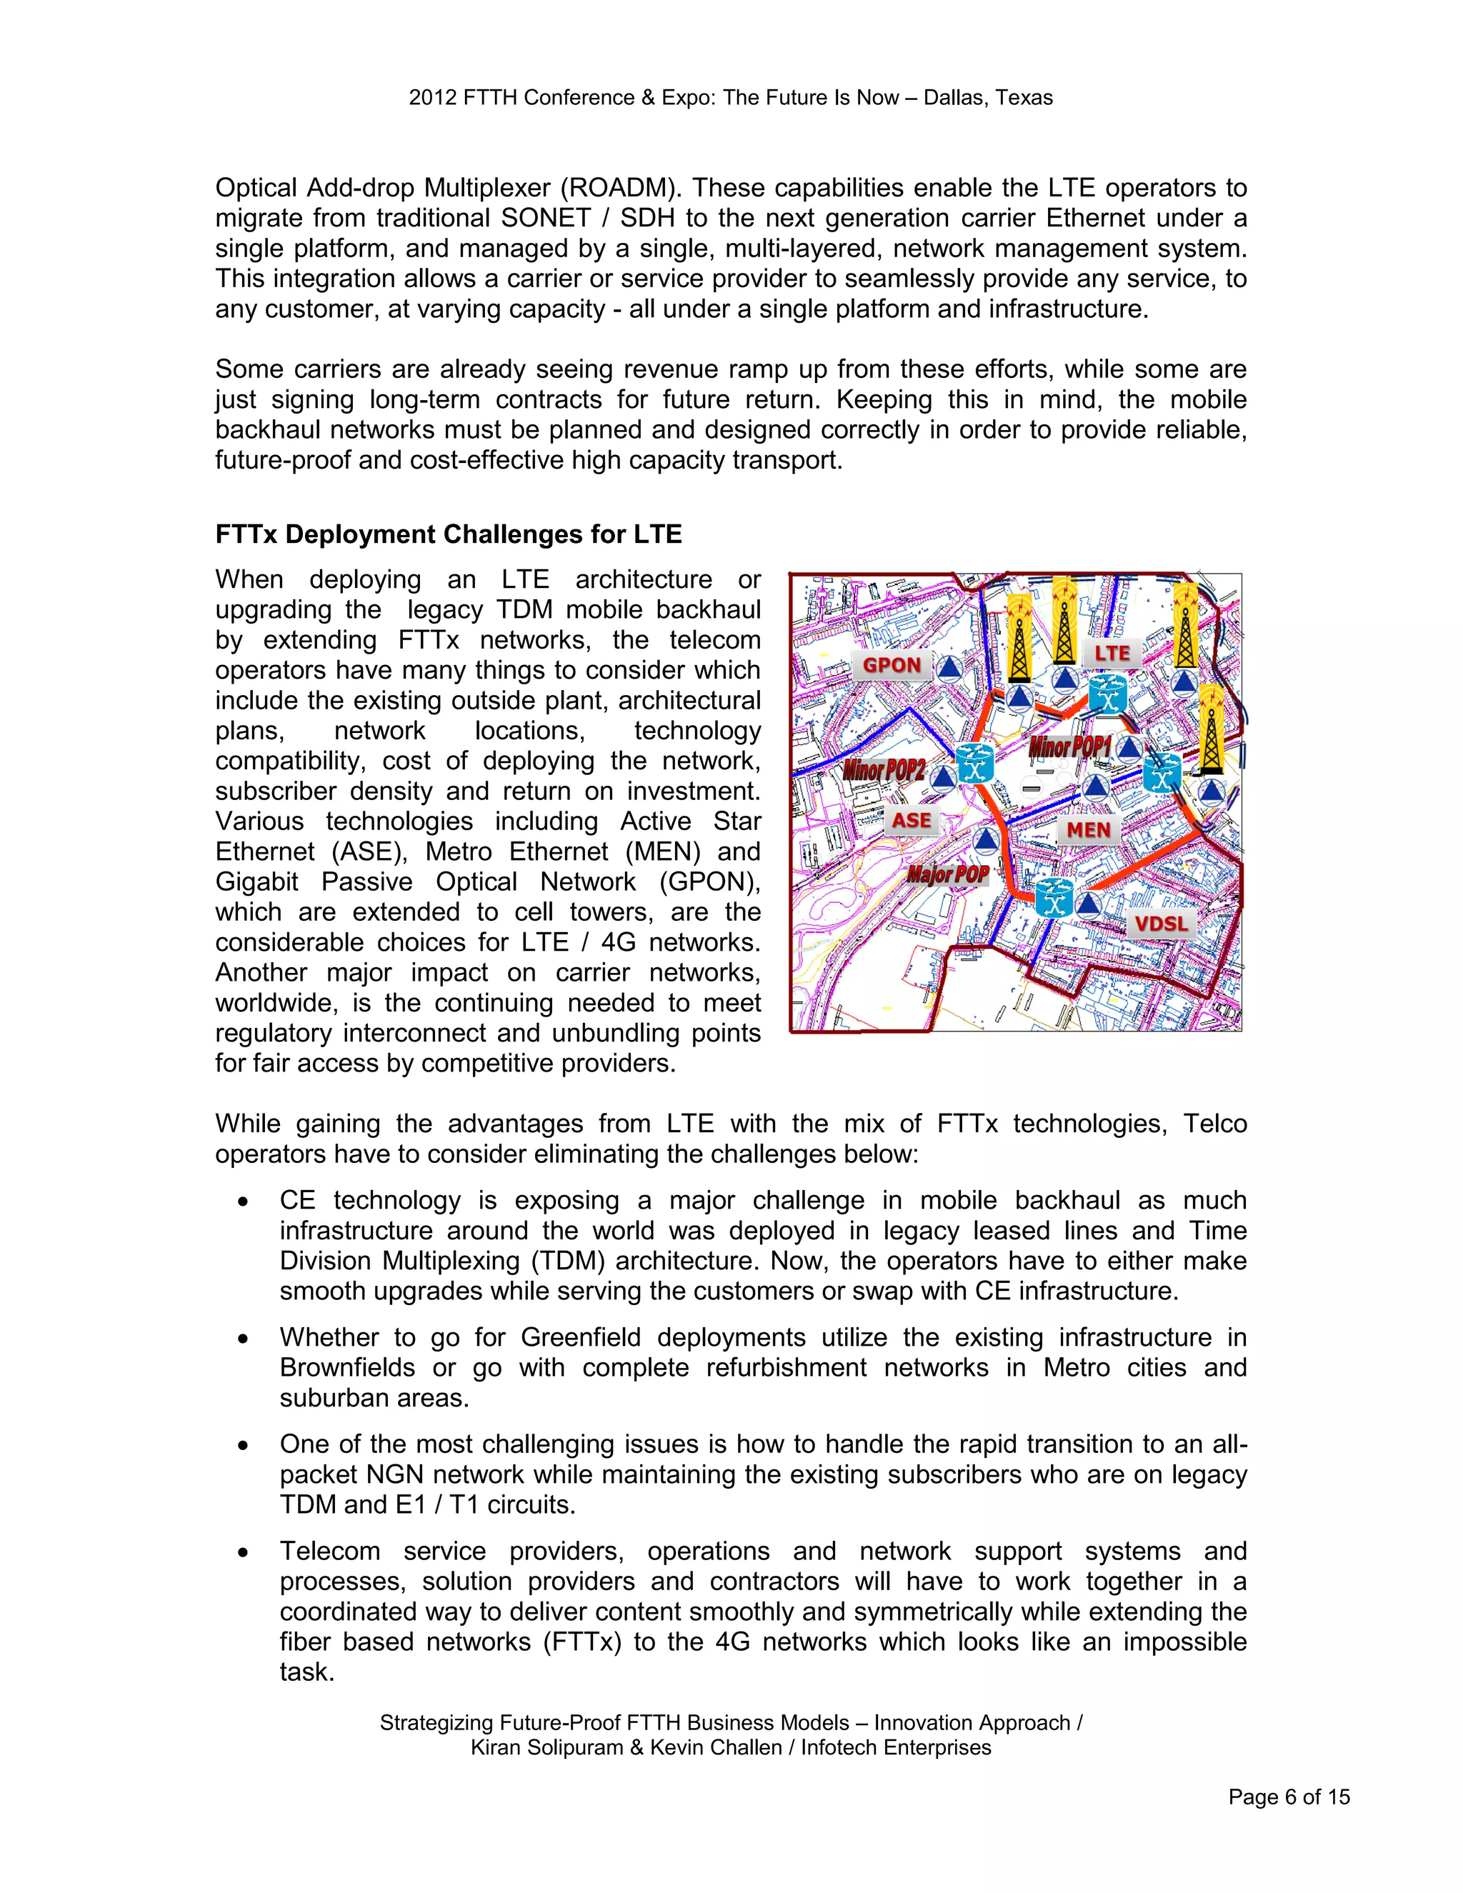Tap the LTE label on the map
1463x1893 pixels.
pyautogui.click(x=1112, y=654)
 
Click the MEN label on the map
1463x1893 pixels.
pyautogui.click(x=1089, y=830)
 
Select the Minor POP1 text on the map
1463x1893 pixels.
pyautogui.click(x=1069, y=746)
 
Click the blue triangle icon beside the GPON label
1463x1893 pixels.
pyautogui.click(x=950, y=669)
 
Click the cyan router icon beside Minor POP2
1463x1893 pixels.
pyautogui.click(x=974, y=764)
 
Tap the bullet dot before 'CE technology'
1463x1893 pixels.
pyautogui.click(x=244, y=1202)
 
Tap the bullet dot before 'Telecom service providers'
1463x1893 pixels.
pyautogui.click(x=244, y=1552)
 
